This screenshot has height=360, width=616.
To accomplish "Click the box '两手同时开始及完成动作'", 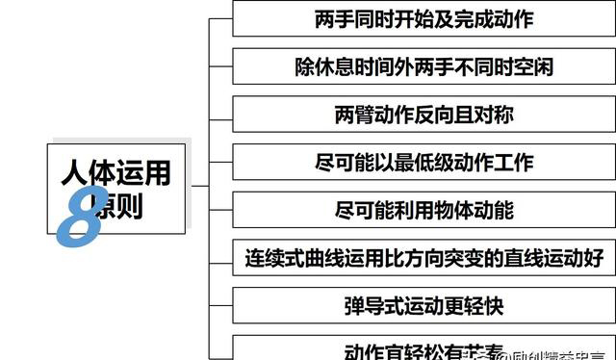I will [x=423, y=18].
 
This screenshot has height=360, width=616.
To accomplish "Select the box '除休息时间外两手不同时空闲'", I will [x=423, y=66].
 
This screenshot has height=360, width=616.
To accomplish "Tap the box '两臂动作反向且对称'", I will [x=423, y=115].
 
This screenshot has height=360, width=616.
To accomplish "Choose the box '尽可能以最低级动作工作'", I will [x=423, y=163].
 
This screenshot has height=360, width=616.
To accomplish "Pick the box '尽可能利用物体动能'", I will [x=423, y=210].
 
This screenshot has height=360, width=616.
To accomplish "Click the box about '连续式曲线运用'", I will [x=423, y=258].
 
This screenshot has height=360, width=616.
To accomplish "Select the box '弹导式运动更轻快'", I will [x=423, y=306].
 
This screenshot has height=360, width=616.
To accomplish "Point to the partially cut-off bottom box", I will [x=423, y=349].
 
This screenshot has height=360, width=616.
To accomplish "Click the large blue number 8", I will [x=82, y=213].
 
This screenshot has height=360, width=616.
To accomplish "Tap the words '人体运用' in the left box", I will [x=115, y=172].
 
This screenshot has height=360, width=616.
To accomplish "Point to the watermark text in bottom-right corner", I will [x=549, y=350].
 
